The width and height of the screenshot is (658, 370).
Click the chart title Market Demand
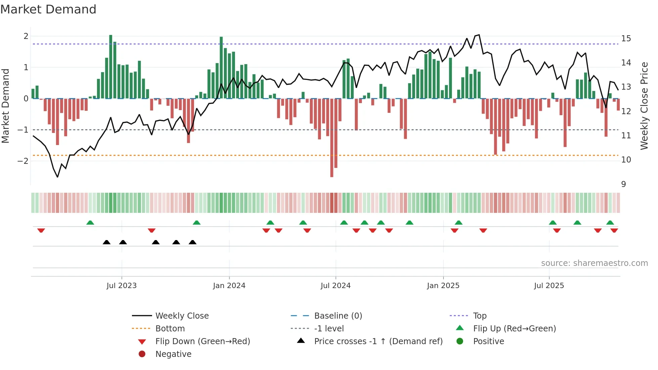[x=48, y=9]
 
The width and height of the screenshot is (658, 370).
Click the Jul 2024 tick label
[x=335, y=286]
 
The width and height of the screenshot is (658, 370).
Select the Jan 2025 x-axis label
[x=443, y=286]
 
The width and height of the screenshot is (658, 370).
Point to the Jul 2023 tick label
[x=122, y=286]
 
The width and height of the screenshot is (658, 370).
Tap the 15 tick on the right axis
[x=626, y=39]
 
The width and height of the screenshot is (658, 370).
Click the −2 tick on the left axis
[x=23, y=161]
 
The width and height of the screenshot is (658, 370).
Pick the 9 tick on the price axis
[x=623, y=184]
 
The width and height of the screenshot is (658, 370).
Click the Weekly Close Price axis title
[x=644, y=106]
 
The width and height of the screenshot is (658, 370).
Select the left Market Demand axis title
[x=5, y=106]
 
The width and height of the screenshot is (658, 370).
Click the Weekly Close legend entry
[x=182, y=316]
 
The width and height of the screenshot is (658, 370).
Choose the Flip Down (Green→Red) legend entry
[x=202, y=341]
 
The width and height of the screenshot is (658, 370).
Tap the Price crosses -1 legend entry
[x=378, y=341]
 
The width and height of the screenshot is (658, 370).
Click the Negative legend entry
[x=173, y=354]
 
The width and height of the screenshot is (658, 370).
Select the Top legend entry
[x=480, y=316]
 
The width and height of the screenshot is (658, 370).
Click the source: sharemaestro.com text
[x=594, y=263]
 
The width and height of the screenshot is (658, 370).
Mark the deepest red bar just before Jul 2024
[x=332, y=138]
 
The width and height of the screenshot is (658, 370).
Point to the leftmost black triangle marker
[x=106, y=242]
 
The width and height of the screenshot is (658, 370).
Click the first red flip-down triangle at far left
[x=41, y=230]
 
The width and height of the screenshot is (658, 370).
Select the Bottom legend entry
[x=170, y=329]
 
